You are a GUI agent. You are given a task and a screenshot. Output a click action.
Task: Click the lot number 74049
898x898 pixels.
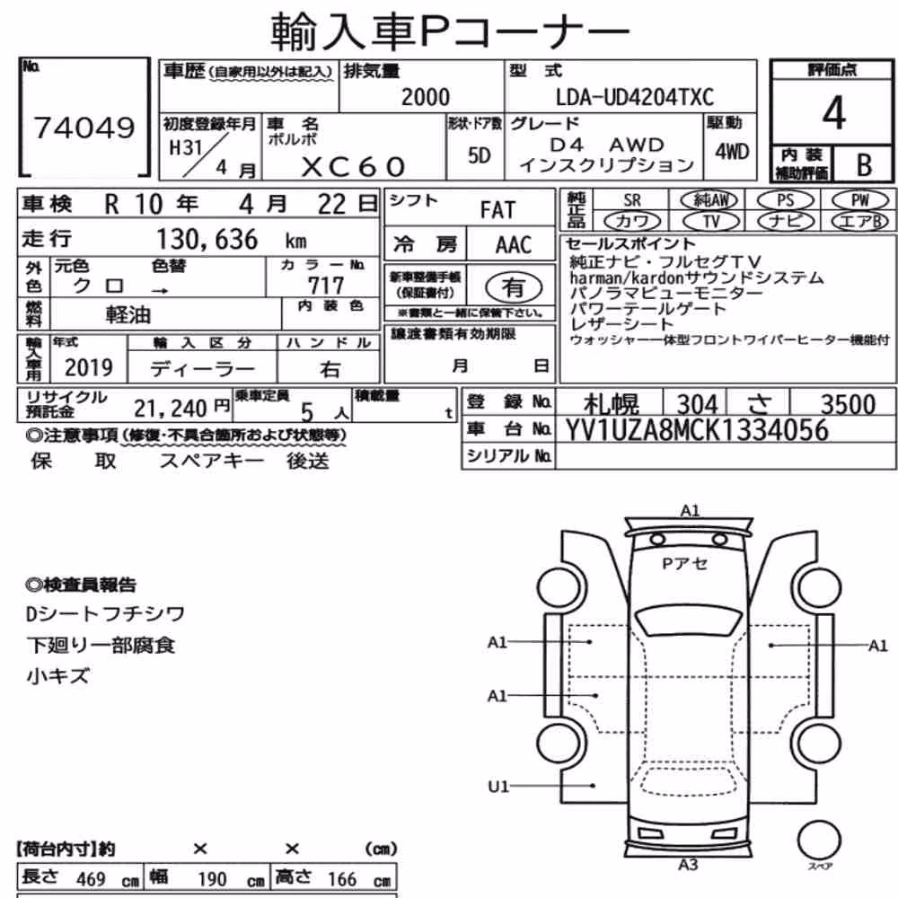click(84, 128)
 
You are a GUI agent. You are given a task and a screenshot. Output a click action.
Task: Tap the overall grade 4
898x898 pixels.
click(833, 113)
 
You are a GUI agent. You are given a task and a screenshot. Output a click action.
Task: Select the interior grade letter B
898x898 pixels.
click(864, 165)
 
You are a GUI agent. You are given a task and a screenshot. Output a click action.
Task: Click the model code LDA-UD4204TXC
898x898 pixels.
click(635, 97)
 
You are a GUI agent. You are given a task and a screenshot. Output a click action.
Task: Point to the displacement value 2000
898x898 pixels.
click(426, 97)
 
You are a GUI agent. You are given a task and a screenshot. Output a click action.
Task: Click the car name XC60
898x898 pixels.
click(353, 167)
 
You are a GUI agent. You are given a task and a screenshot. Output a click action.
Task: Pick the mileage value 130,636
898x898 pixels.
click(207, 240)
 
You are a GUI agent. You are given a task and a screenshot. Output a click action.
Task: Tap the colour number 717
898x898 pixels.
click(326, 286)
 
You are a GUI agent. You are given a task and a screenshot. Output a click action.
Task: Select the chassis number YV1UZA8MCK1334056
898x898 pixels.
click(697, 430)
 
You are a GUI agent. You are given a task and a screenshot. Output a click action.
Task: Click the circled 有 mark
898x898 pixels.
click(513, 287)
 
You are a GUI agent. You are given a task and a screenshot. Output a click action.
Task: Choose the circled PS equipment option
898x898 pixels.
click(785, 200)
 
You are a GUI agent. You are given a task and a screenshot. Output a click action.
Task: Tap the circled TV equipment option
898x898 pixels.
click(710, 221)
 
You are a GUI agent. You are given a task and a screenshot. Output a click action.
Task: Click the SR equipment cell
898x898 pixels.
click(632, 200)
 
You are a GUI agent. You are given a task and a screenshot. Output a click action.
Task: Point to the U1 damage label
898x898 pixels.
click(497, 787)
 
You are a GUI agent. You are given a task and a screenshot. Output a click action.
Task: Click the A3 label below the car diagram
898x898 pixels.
click(688, 865)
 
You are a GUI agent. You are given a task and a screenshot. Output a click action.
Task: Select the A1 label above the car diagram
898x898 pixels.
click(690, 510)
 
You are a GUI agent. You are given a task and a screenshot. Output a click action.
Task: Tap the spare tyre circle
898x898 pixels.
click(819, 841)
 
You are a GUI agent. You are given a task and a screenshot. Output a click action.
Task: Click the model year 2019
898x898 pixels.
click(89, 367)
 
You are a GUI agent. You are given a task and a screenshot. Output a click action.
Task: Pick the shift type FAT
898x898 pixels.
click(497, 210)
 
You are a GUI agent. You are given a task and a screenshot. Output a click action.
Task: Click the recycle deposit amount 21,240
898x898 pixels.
click(170, 409)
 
